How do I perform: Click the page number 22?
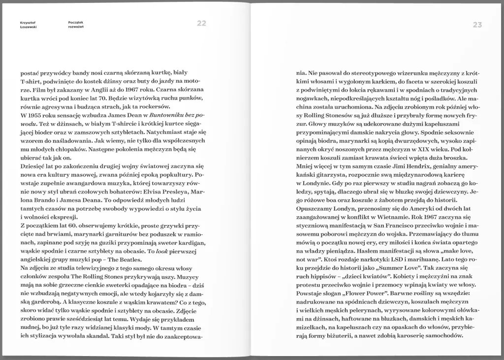tap(201, 23)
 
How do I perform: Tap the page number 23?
tap(477, 25)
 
